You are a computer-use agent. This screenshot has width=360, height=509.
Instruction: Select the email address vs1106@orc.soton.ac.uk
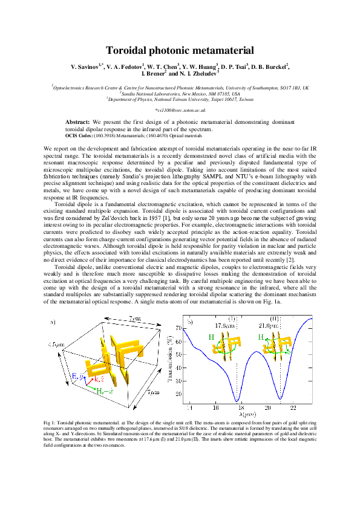pyautogui.click(x=181, y=110)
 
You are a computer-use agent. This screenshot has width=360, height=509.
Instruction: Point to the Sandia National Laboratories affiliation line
pyautogui.click(x=180, y=94)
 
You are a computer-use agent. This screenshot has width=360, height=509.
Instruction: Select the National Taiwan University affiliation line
pyautogui.click(x=180, y=99)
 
